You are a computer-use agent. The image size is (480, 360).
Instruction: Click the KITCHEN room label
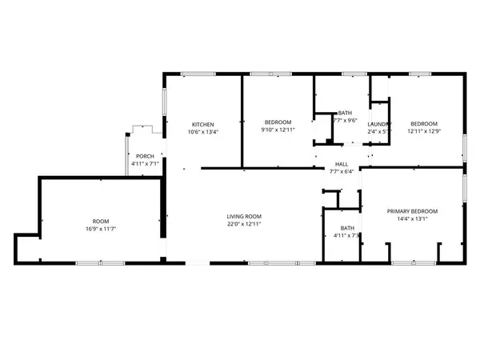pos(202,124)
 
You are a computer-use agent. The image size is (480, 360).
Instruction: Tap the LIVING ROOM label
pos(244,216)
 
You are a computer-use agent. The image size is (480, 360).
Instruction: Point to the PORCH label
pos(145,156)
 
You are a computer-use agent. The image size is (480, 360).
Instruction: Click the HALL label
pos(341,164)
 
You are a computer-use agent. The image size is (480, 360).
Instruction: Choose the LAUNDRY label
pos(378,124)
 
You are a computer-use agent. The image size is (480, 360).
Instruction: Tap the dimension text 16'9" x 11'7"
pos(101,229)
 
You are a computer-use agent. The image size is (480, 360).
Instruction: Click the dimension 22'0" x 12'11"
pos(244,224)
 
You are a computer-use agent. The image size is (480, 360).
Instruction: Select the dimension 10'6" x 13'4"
pos(202,132)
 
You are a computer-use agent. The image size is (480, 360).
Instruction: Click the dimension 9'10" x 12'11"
pos(278,130)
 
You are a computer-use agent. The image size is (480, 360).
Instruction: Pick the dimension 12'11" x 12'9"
pos(425,131)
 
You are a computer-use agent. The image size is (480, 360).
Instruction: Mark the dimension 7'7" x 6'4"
pos(341,172)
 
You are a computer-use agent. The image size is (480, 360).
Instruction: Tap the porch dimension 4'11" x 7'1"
pos(145,164)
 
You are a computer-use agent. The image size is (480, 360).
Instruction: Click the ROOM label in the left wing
pos(101,221)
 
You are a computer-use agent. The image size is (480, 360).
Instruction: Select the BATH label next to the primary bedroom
pos(346,228)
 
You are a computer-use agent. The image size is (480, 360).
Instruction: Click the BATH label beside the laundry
pos(345,113)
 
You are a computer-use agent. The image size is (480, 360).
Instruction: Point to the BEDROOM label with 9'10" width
pos(278,122)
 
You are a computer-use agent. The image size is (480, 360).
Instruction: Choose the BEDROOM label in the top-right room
pos(425,123)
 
